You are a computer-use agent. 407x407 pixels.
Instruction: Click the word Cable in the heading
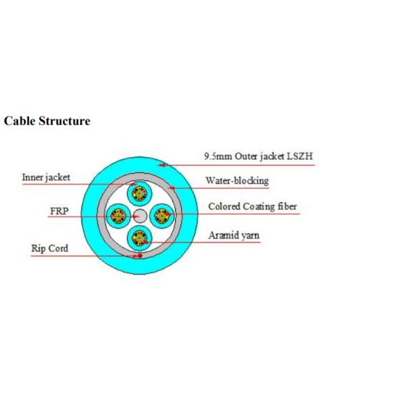pyautogui.click(x=19, y=121)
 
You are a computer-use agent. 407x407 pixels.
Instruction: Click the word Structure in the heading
pyautogui.click(x=64, y=121)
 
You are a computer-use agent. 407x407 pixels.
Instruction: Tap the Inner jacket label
pyautogui.click(x=45, y=178)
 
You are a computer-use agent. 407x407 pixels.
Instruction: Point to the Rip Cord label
pyautogui.click(x=50, y=248)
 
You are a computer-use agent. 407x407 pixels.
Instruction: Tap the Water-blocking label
pyautogui.click(x=237, y=181)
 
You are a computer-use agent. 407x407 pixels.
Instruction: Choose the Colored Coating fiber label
pyautogui.click(x=252, y=207)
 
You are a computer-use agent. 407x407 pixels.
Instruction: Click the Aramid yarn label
pyautogui.click(x=233, y=236)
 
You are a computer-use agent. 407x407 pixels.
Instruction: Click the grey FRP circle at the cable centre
pyautogui.click(x=140, y=216)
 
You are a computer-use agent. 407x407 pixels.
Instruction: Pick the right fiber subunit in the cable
pyautogui.click(x=161, y=216)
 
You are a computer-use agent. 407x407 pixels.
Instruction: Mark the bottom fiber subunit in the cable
pyautogui.click(x=140, y=239)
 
